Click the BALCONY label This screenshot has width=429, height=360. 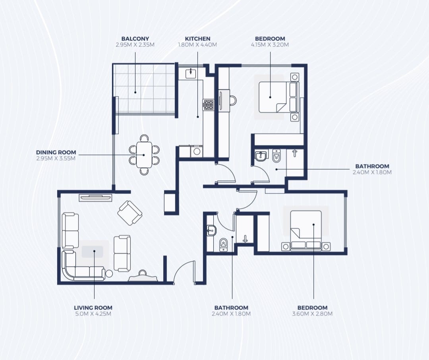135,39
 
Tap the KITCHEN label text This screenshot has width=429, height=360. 197,39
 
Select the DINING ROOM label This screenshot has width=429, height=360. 56,152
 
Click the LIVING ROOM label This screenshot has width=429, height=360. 93,308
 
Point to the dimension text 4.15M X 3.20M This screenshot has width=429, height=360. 270,45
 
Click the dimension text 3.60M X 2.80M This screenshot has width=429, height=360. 313,314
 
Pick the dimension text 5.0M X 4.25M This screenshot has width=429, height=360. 93,314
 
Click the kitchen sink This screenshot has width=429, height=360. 190,74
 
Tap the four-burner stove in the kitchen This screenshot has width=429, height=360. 208,105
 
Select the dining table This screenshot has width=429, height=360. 144,155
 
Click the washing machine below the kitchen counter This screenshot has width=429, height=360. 197,151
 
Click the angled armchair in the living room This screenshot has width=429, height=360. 129,213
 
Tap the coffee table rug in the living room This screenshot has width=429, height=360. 93,252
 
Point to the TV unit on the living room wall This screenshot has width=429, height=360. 95,197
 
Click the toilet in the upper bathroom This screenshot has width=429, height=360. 276,155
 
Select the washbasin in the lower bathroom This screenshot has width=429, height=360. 211,230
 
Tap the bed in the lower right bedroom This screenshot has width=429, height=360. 306,230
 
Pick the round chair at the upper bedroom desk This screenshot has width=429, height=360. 233,100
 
